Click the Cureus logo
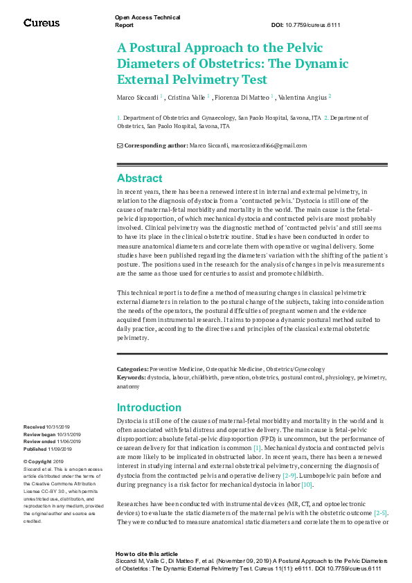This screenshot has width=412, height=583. tap(42, 23)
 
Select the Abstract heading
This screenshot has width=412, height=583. tap(140, 178)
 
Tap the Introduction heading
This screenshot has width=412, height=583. tap(150, 407)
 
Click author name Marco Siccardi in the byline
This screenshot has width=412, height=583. tap(138, 97)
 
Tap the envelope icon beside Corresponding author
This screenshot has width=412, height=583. tap(120, 145)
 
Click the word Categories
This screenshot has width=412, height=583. tap(132, 369)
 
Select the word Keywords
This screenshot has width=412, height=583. tap(131, 377)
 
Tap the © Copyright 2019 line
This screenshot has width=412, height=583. tap(44, 461)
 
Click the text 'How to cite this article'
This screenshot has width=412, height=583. tap(147, 554)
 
